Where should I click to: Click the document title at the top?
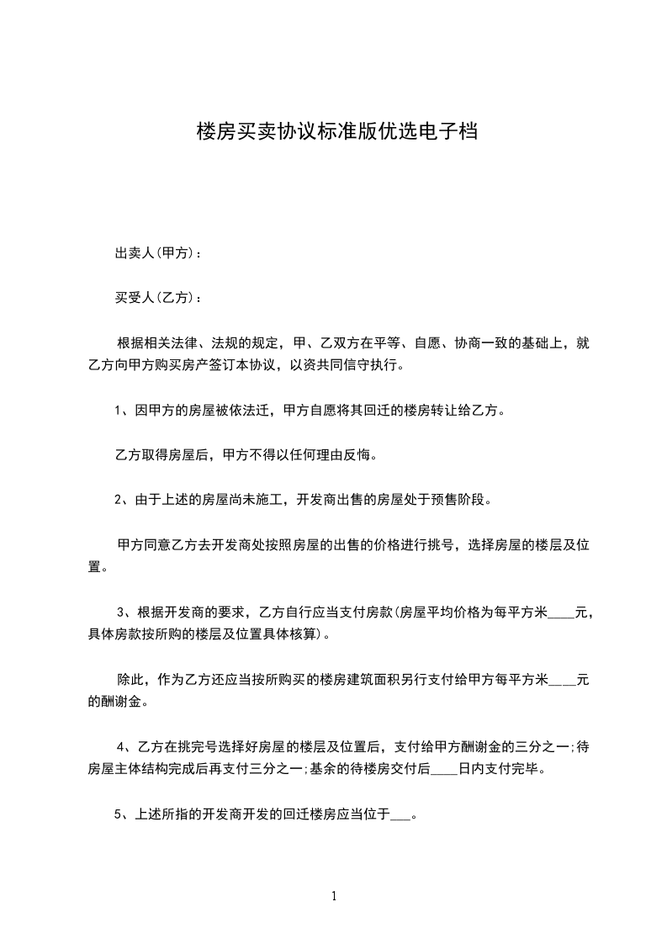336,132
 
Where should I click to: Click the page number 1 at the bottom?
334,896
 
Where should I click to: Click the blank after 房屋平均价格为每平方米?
562,613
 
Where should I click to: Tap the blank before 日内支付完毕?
443,769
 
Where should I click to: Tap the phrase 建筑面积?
368,679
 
